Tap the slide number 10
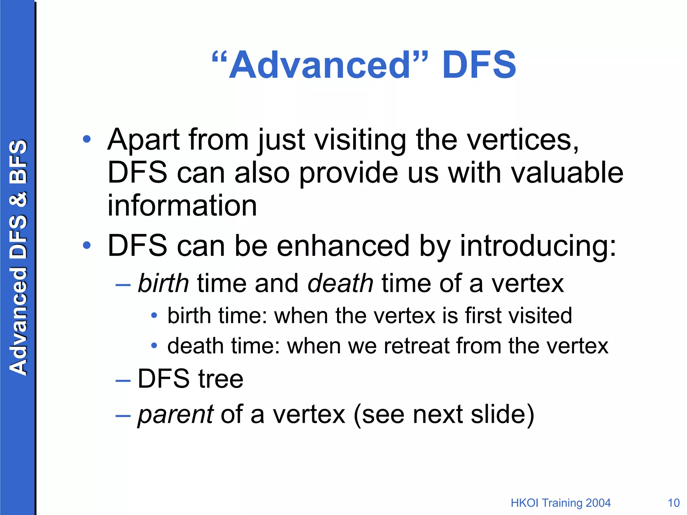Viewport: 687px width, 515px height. coord(674,503)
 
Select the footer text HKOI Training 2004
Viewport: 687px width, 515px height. coord(561,503)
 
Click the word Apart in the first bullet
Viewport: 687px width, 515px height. coord(144,140)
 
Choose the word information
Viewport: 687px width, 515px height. coord(182,206)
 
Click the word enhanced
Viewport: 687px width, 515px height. coord(343,246)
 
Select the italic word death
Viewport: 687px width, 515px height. coord(340,283)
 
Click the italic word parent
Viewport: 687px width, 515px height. coord(175,414)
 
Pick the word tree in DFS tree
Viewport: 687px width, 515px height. coord(221,379)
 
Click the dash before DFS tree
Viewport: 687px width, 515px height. coord(123,381)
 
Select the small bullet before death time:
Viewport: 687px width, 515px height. coord(154,345)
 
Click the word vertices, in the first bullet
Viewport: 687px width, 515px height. coord(523,140)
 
